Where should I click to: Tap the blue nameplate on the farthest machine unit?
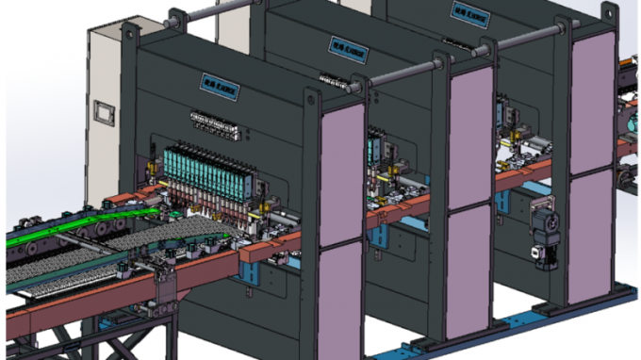pos(466,9)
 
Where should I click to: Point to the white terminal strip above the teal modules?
pos(213,118)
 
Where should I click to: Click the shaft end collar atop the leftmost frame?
pos(172,17)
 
